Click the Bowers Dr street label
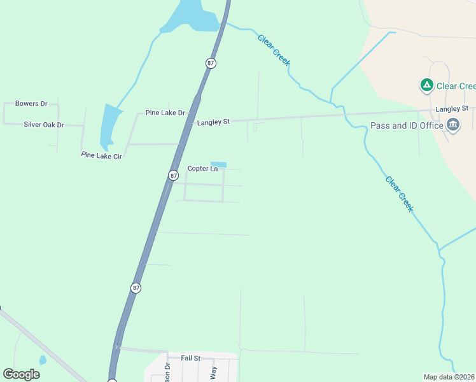pyautogui.click(x=32, y=103)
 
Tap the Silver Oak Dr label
pyautogui.click(x=44, y=124)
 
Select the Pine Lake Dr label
pyautogui.click(x=165, y=113)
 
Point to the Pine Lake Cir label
pyautogui.click(x=101, y=155)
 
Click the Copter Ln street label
pyautogui.click(x=202, y=169)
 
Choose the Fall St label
pyautogui.click(x=190, y=358)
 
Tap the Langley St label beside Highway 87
pyautogui.click(x=213, y=122)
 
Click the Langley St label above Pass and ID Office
pyautogui.click(x=452, y=110)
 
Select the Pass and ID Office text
pyautogui.click(x=407, y=125)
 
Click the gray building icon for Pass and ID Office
pyautogui.click(x=453, y=125)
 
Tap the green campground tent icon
pyautogui.click(x=426, y=85)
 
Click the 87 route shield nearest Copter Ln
pyautogui.click(x=174, y=175)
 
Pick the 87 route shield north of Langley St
pyautogui.click(x=211, y=63)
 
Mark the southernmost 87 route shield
pyautogui.click(x=136, y=288)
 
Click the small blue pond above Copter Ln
pyautogui.click(x=218, y=165)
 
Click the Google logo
pyautogui.click(x=22, y=374)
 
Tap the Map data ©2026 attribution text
pyautogui.click(x=449, y=377)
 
